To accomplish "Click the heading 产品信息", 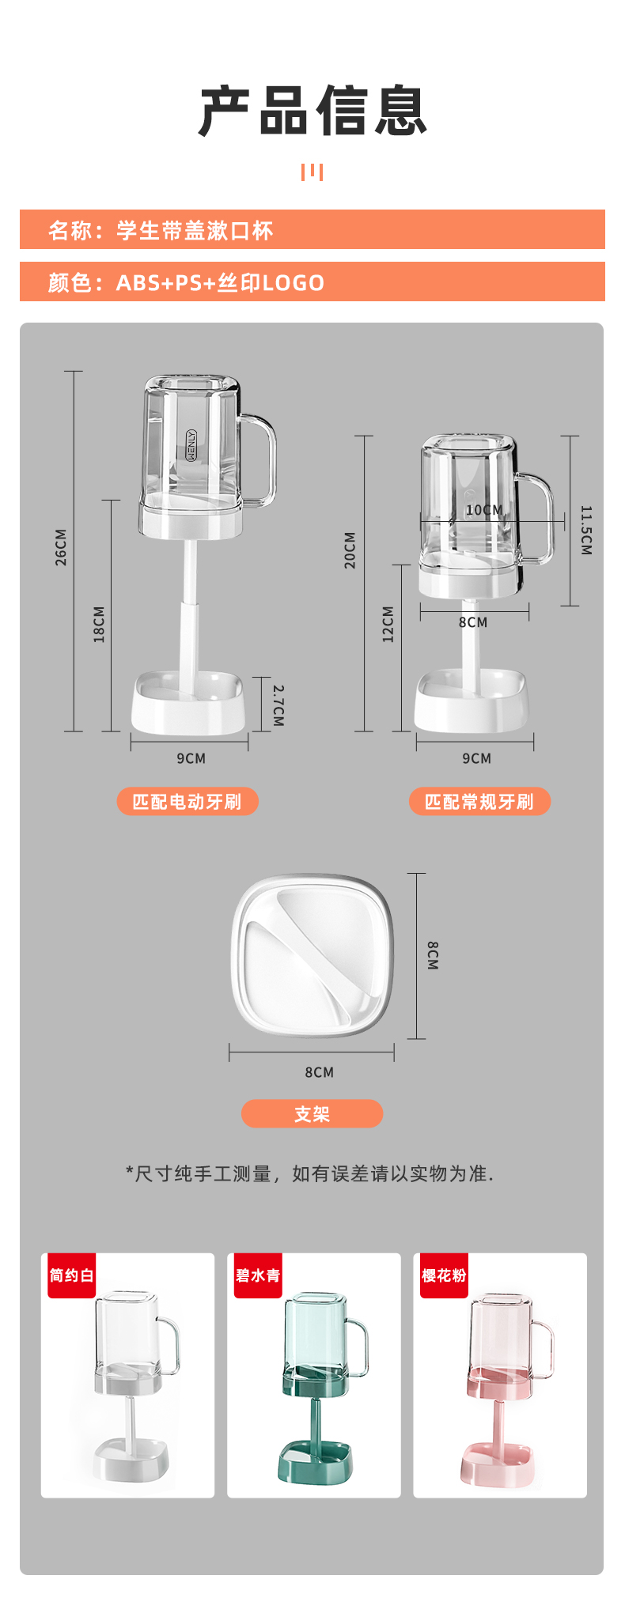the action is [312, 111].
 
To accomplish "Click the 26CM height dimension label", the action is [61, 547].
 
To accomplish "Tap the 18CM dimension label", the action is [99, 624].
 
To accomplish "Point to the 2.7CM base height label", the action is [278, 705].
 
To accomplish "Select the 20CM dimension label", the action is [350, 550].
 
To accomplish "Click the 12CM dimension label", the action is [388, 624].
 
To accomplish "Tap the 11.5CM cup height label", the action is [586, 530].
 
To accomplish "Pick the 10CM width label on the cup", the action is [484, 510].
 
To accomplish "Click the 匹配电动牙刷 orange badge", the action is [187, 801].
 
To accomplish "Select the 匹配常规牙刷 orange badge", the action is [479, 801].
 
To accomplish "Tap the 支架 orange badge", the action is [312, 1113].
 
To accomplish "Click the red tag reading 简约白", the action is [71, 1275].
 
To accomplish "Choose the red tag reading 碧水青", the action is [258, 1275].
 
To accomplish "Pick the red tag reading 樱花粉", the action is [444, 1275].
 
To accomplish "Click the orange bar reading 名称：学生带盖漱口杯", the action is [312, 229].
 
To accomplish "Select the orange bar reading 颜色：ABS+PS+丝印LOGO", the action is [312, 281].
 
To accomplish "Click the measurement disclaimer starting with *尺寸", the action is [309, 1173].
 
